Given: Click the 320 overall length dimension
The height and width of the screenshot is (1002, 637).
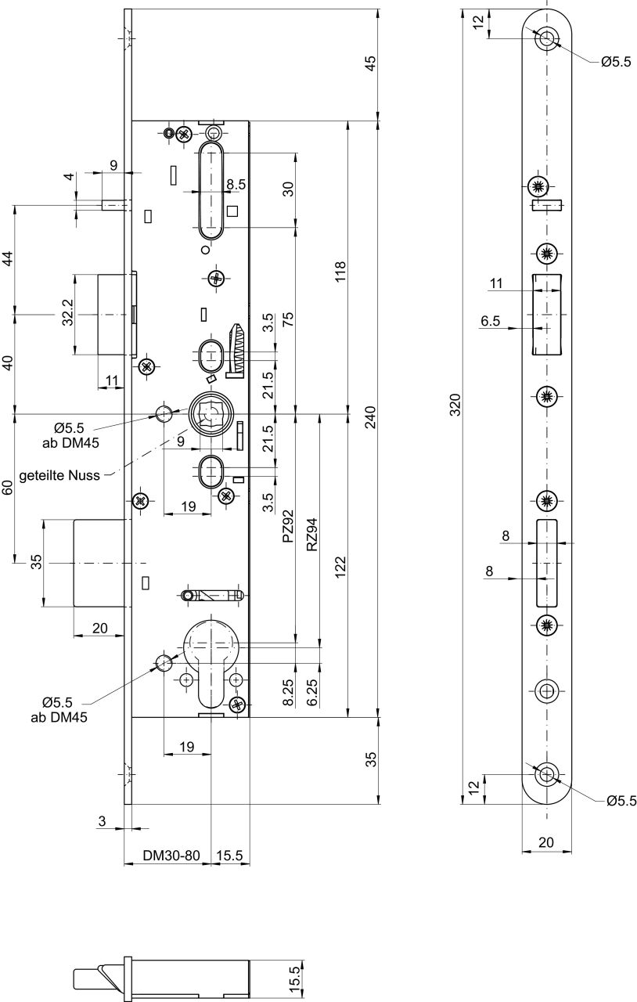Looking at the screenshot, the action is [x=455, y=405].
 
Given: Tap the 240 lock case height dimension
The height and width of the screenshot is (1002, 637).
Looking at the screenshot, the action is [x=371, y=417].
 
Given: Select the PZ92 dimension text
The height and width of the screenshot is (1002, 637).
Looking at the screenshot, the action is [x=289, y=526].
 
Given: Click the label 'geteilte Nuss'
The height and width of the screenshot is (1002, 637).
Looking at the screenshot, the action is [x=59, y=475].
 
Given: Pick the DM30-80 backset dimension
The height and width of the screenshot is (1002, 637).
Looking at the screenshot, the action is [x=171, y=856].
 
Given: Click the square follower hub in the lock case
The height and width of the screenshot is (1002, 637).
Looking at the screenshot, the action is [x=209, y=414].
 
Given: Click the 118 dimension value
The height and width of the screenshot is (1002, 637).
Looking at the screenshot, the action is [x=340, y=272].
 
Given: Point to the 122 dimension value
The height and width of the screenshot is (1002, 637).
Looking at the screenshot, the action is [x=340, y=568].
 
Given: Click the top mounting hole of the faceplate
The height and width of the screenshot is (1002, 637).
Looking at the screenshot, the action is [x=546, y=38].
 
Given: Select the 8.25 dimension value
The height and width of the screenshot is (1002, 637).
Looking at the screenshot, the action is [x=289, y=692].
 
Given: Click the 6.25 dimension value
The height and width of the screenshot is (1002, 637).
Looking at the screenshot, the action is [x=312, y=692].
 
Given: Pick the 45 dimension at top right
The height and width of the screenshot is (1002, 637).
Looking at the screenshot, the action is [x=371, y=63].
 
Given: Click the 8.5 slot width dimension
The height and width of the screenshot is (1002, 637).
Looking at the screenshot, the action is [x=236, y=184].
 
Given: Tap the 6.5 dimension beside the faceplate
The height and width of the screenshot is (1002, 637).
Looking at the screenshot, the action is [x=491, y=321].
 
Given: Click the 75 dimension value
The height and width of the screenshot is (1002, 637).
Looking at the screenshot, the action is [x=289, y=319].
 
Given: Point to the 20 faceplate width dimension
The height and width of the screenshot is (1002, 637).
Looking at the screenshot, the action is [x=546, y=842].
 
